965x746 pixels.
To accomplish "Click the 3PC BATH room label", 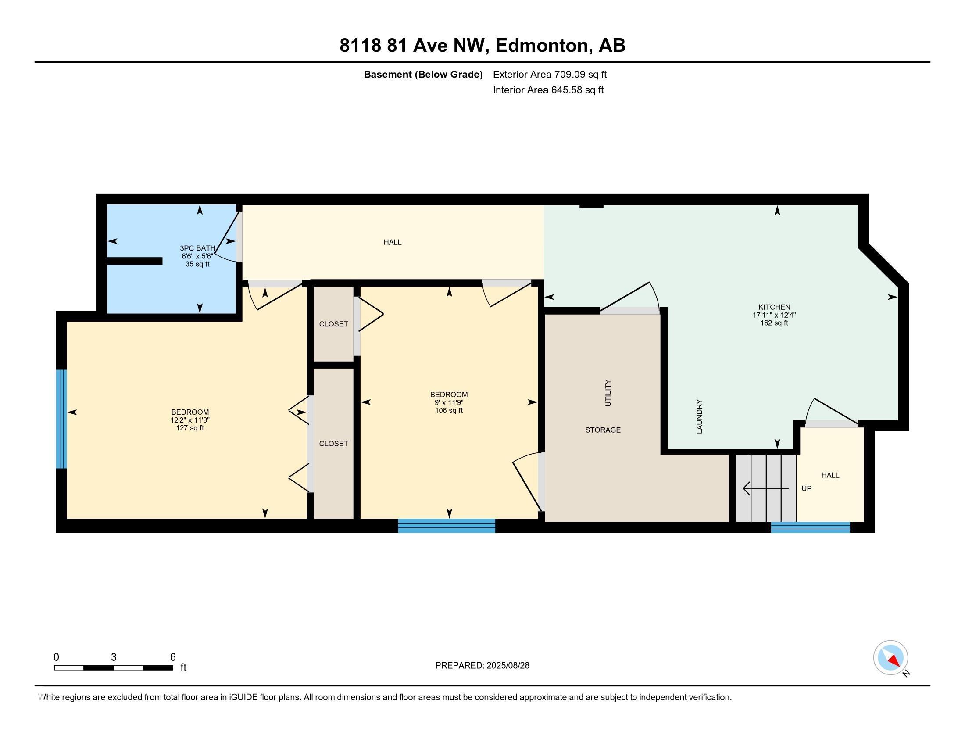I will [197, 248].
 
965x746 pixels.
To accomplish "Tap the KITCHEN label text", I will [774, 307].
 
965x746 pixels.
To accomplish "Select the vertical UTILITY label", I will [608, 393].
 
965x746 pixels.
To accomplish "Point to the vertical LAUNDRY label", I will [700, 416].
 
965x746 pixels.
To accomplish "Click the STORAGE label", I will [603, 430].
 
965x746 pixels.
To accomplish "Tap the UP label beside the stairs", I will [806, 489].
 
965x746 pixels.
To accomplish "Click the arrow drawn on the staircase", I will [766, 488].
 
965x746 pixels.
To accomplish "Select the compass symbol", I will [890, 658].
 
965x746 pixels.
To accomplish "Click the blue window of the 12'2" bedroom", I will [61, 419].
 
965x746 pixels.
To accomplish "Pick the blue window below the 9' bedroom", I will [446, 525].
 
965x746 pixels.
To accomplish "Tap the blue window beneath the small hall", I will [810, 527].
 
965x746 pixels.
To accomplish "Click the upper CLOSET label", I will [334, 324].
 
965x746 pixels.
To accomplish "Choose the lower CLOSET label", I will [334, 444].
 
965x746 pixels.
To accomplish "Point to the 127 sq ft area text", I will [190, 428].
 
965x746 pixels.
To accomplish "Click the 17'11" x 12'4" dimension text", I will [774, 315].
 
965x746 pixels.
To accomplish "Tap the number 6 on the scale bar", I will [173, 657].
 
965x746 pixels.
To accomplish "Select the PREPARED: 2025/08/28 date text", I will [482, 666].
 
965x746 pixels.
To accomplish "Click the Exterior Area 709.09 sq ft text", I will [550, 75].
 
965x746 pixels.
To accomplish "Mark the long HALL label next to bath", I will [393, 242].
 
